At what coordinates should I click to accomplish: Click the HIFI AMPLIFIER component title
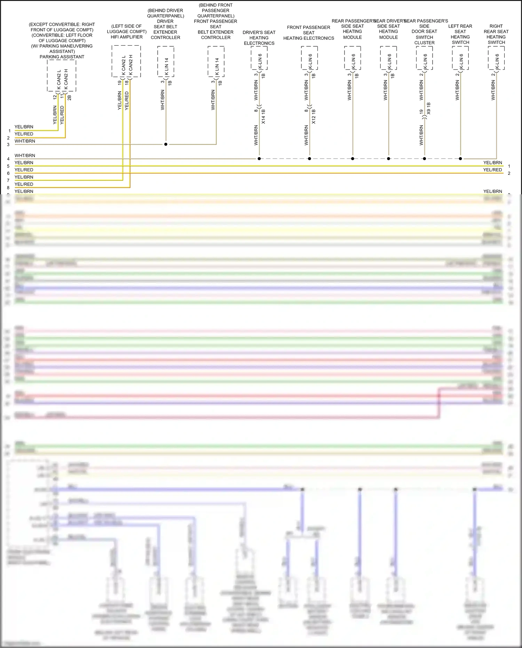[127, 37]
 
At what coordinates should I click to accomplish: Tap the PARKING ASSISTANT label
[62, 57]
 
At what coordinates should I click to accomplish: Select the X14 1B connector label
[263, 117]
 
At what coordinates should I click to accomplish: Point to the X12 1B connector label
[314, 117]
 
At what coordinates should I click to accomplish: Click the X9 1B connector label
[429, 108]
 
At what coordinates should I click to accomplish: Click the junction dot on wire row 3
[166, 144]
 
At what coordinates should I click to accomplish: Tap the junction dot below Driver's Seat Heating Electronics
[259, 159]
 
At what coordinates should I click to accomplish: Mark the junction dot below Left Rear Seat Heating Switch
[460, 159]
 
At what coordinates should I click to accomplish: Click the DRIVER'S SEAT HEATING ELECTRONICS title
[259, 38]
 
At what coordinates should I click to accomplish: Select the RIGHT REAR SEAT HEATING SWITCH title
[496, 34]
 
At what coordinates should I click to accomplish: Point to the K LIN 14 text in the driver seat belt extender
[167, 67]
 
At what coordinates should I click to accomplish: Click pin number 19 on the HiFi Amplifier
[119, 83]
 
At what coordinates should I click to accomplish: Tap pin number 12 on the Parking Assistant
[55, 97]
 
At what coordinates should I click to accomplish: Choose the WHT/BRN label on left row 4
[25, 156]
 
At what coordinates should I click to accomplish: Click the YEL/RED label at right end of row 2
[492, 170]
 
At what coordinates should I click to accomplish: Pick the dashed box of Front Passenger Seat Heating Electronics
[309, 58]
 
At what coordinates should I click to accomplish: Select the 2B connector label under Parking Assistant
[69, 97]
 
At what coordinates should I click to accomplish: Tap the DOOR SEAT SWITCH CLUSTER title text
[424, 37]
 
